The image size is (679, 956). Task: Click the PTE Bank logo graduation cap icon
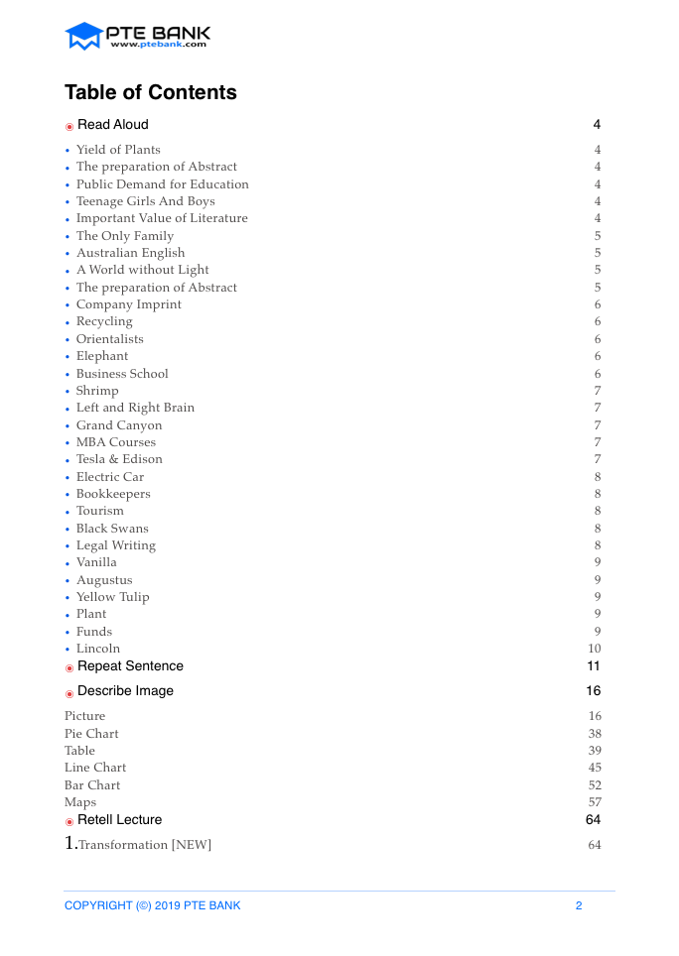coord(84,37)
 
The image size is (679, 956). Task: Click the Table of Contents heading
coord(151,93)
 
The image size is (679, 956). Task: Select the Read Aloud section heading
coord(113,125)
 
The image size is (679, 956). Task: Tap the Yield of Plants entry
coord(118,150)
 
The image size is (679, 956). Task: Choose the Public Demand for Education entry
coord(163,184)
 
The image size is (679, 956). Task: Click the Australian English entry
coord(130,253)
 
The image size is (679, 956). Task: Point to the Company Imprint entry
coord(129,304)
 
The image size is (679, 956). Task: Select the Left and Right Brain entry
coord(135,408)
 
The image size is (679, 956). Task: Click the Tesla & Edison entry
coord(119,459)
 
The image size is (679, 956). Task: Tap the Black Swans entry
coord(112,529)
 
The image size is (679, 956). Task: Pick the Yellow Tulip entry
coord(113,597)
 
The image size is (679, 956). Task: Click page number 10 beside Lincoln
coord(595,649)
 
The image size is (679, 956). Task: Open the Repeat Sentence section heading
coord(130,666)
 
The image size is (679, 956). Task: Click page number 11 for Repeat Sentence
coord(594,666)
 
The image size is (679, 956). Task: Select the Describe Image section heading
coord(125,691)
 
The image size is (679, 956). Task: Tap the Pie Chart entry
coord(91,734)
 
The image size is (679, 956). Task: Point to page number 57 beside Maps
coord(595,802)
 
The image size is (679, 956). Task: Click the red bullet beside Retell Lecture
coord(69,821)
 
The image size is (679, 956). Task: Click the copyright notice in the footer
coord(152,905)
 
